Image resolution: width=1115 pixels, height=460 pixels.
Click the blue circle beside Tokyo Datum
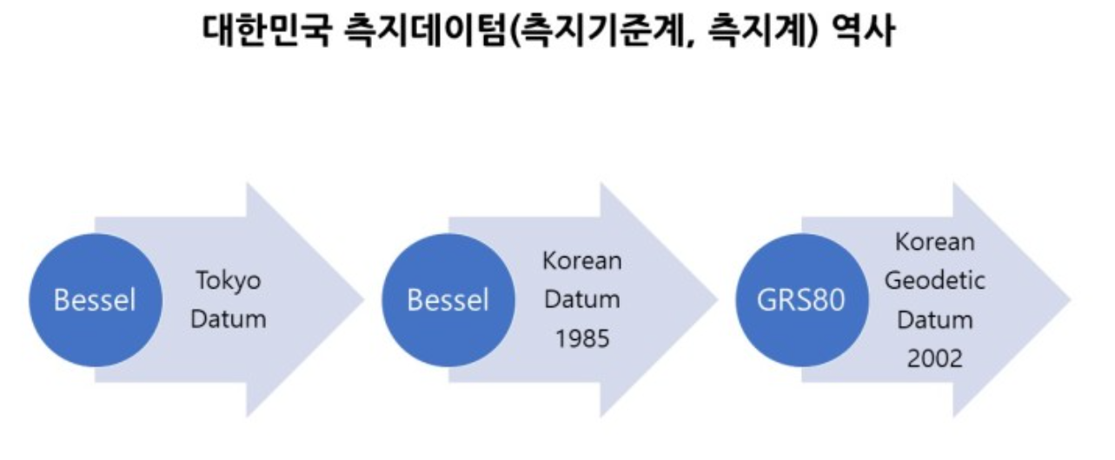(95, 300)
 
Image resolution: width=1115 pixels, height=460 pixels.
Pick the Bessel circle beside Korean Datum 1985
(448, 300)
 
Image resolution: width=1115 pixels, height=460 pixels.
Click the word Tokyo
(228, 281)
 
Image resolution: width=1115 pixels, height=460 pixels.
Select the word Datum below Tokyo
(228, 319)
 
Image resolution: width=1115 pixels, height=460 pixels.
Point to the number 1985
(581, 339)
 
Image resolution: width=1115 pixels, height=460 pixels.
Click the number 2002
(935, 358)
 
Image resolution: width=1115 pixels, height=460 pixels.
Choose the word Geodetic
(935, 281)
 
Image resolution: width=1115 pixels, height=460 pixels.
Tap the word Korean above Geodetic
(935, 242)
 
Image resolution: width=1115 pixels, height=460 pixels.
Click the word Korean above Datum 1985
(581, 261)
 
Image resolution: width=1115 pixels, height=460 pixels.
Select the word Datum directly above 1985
(581, 300)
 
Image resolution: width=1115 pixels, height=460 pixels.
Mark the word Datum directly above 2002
(935, 319)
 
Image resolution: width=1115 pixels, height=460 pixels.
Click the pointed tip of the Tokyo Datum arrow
(361, 300)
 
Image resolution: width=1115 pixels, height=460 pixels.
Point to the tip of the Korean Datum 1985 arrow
(714, 300)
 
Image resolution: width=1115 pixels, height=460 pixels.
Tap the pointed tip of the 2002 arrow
(1068, 300)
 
